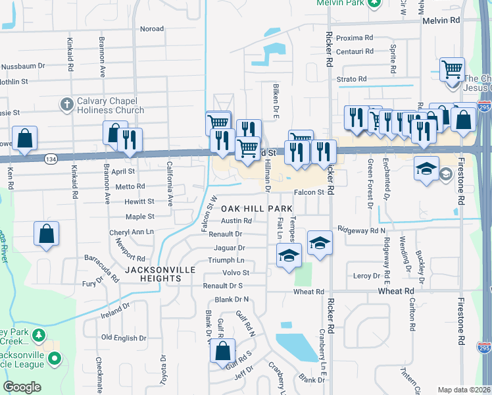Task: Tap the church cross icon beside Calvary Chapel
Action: (x=66, y=104)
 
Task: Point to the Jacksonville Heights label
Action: (x=152, y=275)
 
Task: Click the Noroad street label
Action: (x=152, y=29)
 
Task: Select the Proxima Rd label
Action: (x=355, y=38)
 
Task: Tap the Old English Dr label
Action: (x=124, y=338)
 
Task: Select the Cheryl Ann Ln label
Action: (x=131, y=232)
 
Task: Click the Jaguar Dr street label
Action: (x=229, y=248)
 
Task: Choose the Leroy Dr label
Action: (x=367, y=275)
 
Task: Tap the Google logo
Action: (x=22, y=387)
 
